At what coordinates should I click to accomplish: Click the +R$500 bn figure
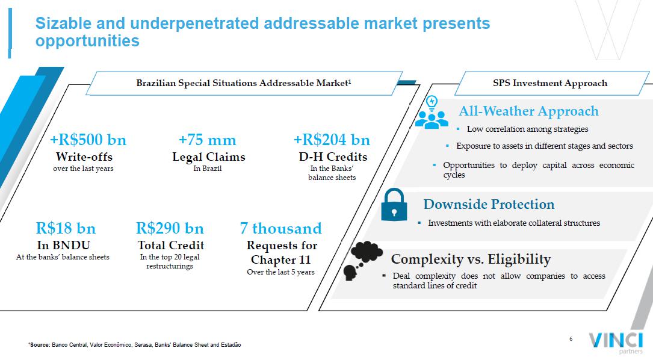(88, 140)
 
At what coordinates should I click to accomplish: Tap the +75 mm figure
(208, 140)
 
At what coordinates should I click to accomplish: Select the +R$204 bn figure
(332, 140)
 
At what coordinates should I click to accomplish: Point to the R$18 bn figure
(66, 228)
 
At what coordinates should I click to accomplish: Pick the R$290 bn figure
(170, 228)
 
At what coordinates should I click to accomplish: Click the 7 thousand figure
(280, 228)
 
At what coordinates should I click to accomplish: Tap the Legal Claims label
(209, 157)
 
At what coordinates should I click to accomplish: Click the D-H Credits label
(333, 157)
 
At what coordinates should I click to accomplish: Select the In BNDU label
(63, 246)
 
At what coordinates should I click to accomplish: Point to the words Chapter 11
(280, 259)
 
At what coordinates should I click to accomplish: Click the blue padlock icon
(394, 205)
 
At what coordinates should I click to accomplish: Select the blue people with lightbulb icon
(432, 112)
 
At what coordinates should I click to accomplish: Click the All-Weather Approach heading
(528, 111)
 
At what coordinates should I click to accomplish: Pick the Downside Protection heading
(489, 204)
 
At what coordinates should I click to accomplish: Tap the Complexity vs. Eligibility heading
(471, 259)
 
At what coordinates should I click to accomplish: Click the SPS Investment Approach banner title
(550, 83)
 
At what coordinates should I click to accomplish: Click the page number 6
(571, 339)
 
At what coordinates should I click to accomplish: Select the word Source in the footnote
(40, 345)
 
